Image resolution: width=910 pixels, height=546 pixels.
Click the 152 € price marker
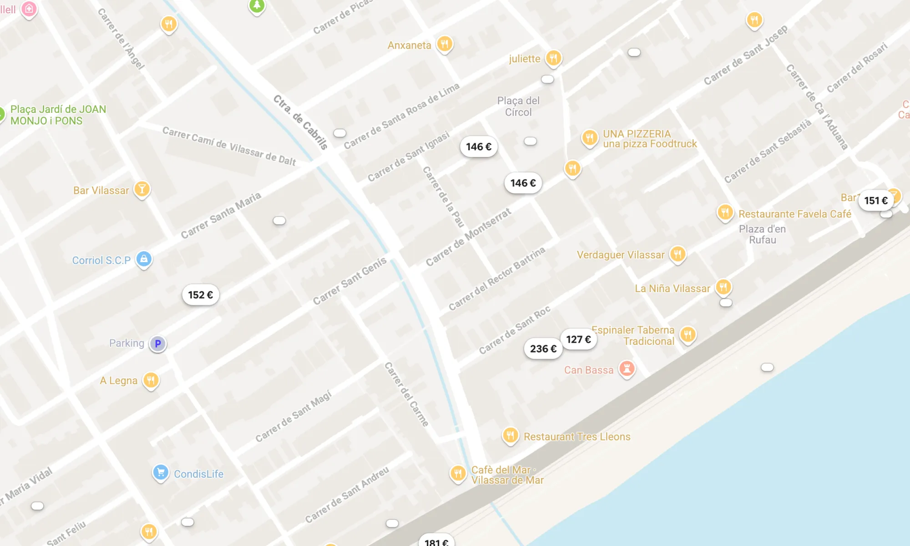pos(201,295)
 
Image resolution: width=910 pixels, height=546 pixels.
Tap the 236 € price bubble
pos(543,349)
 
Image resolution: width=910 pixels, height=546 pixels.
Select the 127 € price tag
pos(578,339)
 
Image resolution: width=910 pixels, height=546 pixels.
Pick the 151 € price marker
pos(876,201)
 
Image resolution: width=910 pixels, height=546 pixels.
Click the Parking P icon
pos(158,344)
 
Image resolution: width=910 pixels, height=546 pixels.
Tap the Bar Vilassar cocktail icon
pos(142,189)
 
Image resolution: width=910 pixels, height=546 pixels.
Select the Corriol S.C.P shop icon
pos(144,259)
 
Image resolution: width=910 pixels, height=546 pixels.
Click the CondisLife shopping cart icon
pos(161,472)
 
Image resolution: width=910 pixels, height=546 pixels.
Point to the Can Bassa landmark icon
pos(627,369)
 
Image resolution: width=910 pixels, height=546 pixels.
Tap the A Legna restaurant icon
pos(151,380)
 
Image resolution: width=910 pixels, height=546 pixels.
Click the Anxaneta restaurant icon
pos(445,44)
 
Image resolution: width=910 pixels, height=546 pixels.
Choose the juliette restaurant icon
pos(553,58)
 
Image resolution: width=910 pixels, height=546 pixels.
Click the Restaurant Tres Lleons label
pos(577,437)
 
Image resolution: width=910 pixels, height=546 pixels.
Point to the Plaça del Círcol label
pos(518,106)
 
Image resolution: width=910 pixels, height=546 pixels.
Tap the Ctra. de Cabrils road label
pos(301,122)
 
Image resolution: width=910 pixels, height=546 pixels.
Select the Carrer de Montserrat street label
pos(468,237)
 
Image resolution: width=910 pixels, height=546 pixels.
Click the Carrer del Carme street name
pos(407,394)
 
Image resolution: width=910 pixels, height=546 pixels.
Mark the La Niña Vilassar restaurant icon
pos(723,287)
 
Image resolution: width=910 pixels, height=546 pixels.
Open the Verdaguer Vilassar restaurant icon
pos(677,254)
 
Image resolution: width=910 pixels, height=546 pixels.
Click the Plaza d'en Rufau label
pos(762,234)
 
